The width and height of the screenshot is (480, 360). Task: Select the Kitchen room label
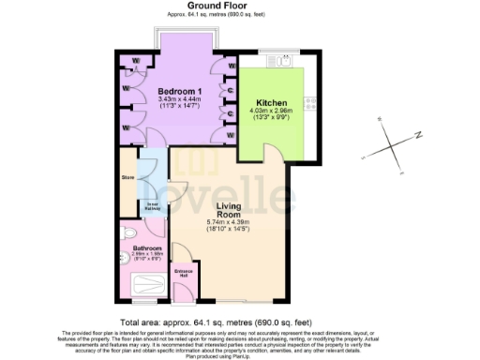[272, 102]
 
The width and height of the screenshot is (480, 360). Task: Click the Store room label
[128, 176]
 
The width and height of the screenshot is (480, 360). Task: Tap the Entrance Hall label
[184, 274]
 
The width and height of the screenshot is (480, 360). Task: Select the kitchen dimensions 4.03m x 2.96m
[272, 112]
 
